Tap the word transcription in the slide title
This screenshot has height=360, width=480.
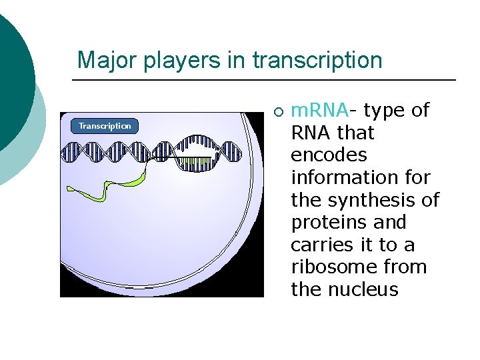(x=317, y=60)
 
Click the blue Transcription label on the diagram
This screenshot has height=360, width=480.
(x=105, y=126)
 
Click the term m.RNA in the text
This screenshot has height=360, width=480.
(x=320, y=110)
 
